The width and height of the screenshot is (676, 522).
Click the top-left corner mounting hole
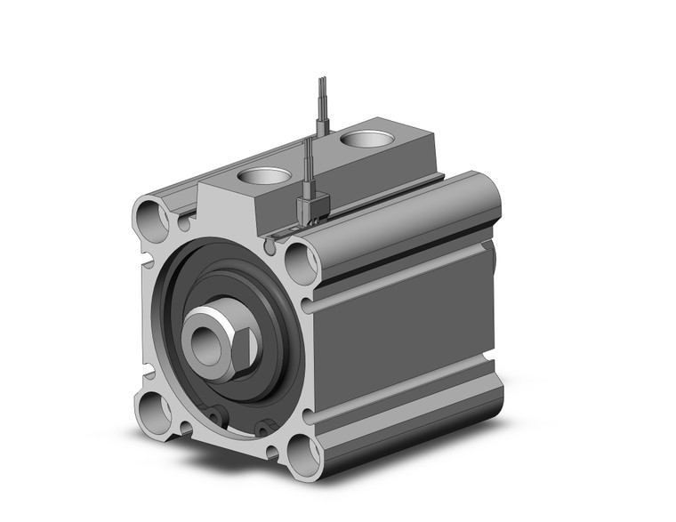152,217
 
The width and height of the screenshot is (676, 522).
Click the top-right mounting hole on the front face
299,263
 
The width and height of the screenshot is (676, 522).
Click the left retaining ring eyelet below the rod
215,414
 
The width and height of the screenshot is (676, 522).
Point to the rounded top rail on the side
400,213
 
